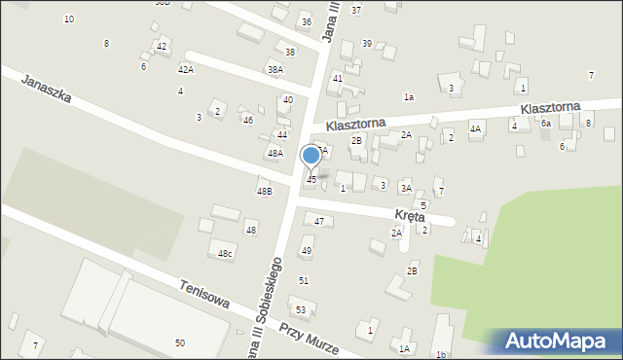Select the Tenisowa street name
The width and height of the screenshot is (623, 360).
204,295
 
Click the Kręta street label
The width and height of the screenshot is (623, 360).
409,216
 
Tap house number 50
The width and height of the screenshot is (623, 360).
180,342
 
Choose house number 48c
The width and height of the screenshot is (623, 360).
226,253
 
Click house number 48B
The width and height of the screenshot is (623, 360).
264,191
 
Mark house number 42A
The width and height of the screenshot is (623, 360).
185,70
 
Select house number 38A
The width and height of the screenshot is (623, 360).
275,69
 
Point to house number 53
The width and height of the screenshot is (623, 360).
302,310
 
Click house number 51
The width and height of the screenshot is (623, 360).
304,280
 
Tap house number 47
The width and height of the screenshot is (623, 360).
319,222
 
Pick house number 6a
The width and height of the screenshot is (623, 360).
546,124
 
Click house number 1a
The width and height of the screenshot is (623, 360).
410,96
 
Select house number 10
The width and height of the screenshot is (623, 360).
68,18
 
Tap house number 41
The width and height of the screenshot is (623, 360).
338,77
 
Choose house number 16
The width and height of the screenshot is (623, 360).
441,354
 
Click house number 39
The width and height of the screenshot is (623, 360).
367,43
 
